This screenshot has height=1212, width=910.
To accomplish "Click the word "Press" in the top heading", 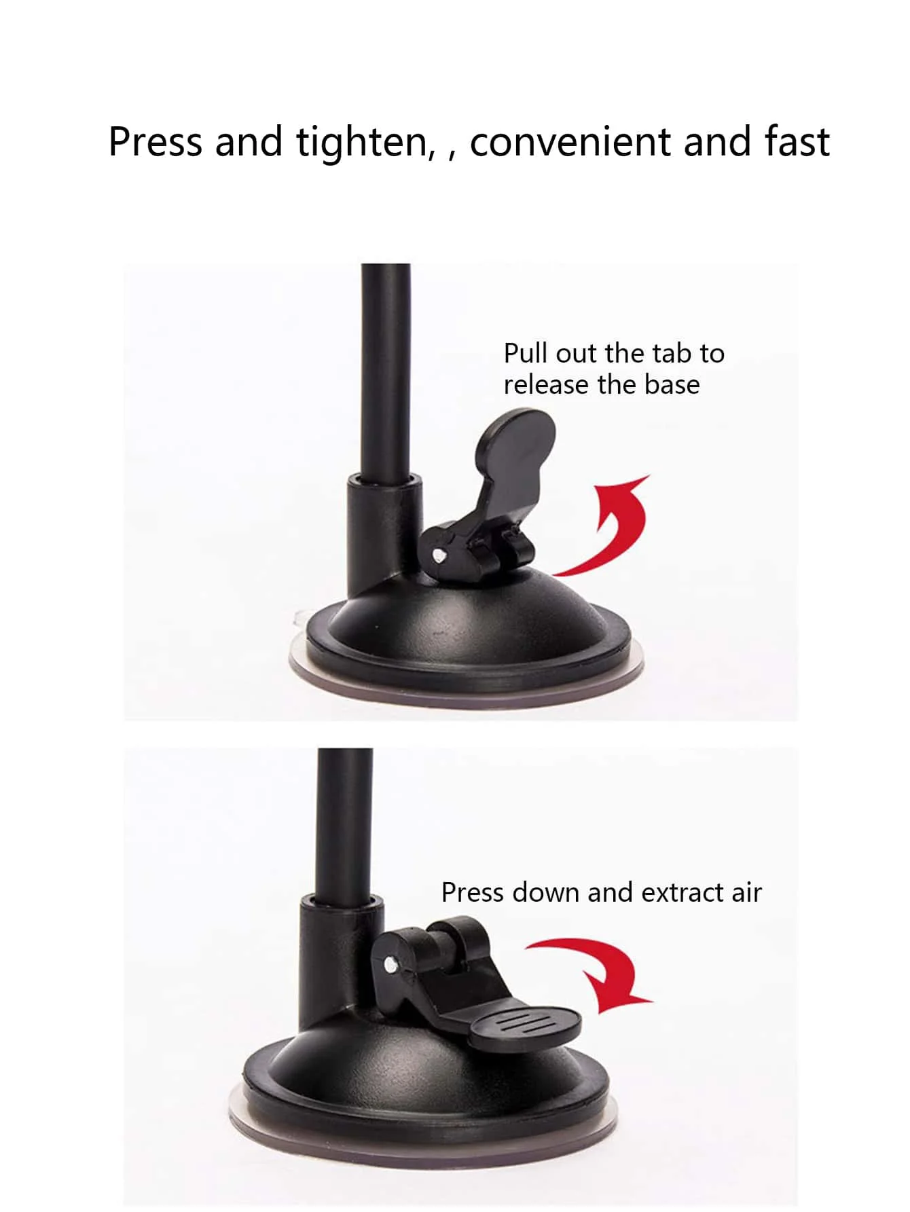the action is pyautogui.click(x=155, y=142).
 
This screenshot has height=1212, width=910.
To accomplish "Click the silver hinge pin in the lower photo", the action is pyautogui.click(x=389, y=963).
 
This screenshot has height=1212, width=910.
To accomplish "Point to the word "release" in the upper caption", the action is pyautogui.click(x=546, y=385).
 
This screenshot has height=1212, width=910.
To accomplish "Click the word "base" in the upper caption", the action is pyautogui.click(x=672, y=385).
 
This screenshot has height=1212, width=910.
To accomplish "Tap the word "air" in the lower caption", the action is pyautogui.click(x=746, y=892).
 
